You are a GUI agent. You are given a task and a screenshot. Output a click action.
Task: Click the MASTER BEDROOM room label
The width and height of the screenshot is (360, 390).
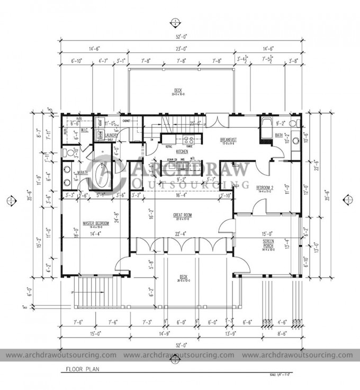95,224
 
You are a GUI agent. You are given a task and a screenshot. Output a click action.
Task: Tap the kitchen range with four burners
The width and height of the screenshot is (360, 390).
187,140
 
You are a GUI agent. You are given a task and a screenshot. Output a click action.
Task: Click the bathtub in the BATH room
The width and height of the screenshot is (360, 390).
265,129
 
